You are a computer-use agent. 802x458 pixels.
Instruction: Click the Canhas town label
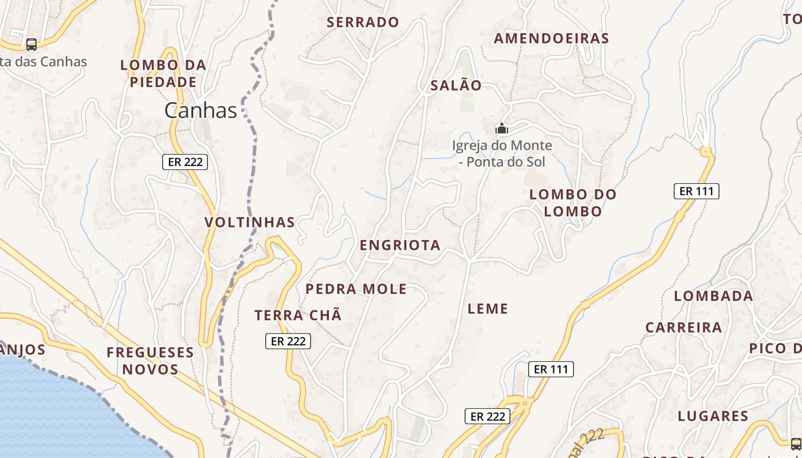click(x=200, y=110)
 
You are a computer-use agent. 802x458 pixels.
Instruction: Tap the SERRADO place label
click(x=363, y=22)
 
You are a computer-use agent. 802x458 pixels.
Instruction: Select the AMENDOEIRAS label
click(x=551, y=38)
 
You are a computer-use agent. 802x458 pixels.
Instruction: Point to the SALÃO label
click(x=456, y=85)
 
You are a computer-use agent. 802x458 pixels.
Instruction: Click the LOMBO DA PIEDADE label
click(x=163, y=73)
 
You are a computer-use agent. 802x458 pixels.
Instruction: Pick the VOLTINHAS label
click(x=250, y=222)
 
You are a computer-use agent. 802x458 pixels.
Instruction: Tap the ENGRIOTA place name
click(x=400, y=245)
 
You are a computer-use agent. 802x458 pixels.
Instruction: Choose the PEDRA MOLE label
click(x=356, y=289)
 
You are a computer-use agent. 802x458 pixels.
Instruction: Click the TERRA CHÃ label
click(x=298, y=315)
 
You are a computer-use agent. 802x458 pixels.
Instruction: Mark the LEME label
click(x=488, y=309)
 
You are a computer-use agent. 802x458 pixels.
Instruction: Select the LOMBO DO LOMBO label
click(x=573, y=203)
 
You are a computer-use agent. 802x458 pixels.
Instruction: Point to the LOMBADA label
click(x=713, y=296)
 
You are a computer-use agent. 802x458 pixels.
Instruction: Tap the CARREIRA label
click(x=683, y=327)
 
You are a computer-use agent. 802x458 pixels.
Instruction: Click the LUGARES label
click(x=713, y=416)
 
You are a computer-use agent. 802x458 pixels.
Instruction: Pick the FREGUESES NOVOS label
click(x=150, y=361)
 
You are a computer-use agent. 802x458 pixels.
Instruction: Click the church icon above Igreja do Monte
click(x=502, y=128)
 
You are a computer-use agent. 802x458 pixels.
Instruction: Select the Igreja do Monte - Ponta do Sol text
click(x=502, y=153)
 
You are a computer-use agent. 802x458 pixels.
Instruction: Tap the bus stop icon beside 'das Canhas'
click(x=32, y=44)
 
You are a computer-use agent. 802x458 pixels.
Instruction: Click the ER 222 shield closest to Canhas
click(x=184, y=162)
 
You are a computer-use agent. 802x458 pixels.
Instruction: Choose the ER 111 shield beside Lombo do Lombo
click(x=696, y=191)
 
